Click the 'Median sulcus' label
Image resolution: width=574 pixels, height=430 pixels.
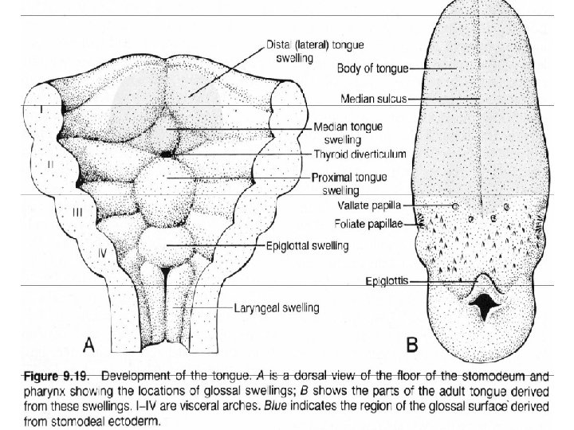374,100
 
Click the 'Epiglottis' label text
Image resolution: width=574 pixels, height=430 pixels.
388,280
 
